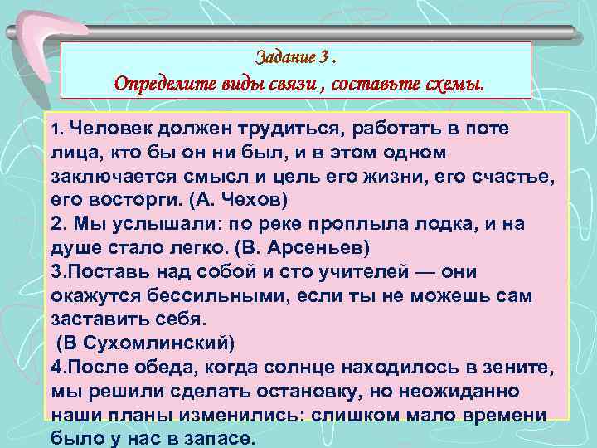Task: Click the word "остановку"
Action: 322,391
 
